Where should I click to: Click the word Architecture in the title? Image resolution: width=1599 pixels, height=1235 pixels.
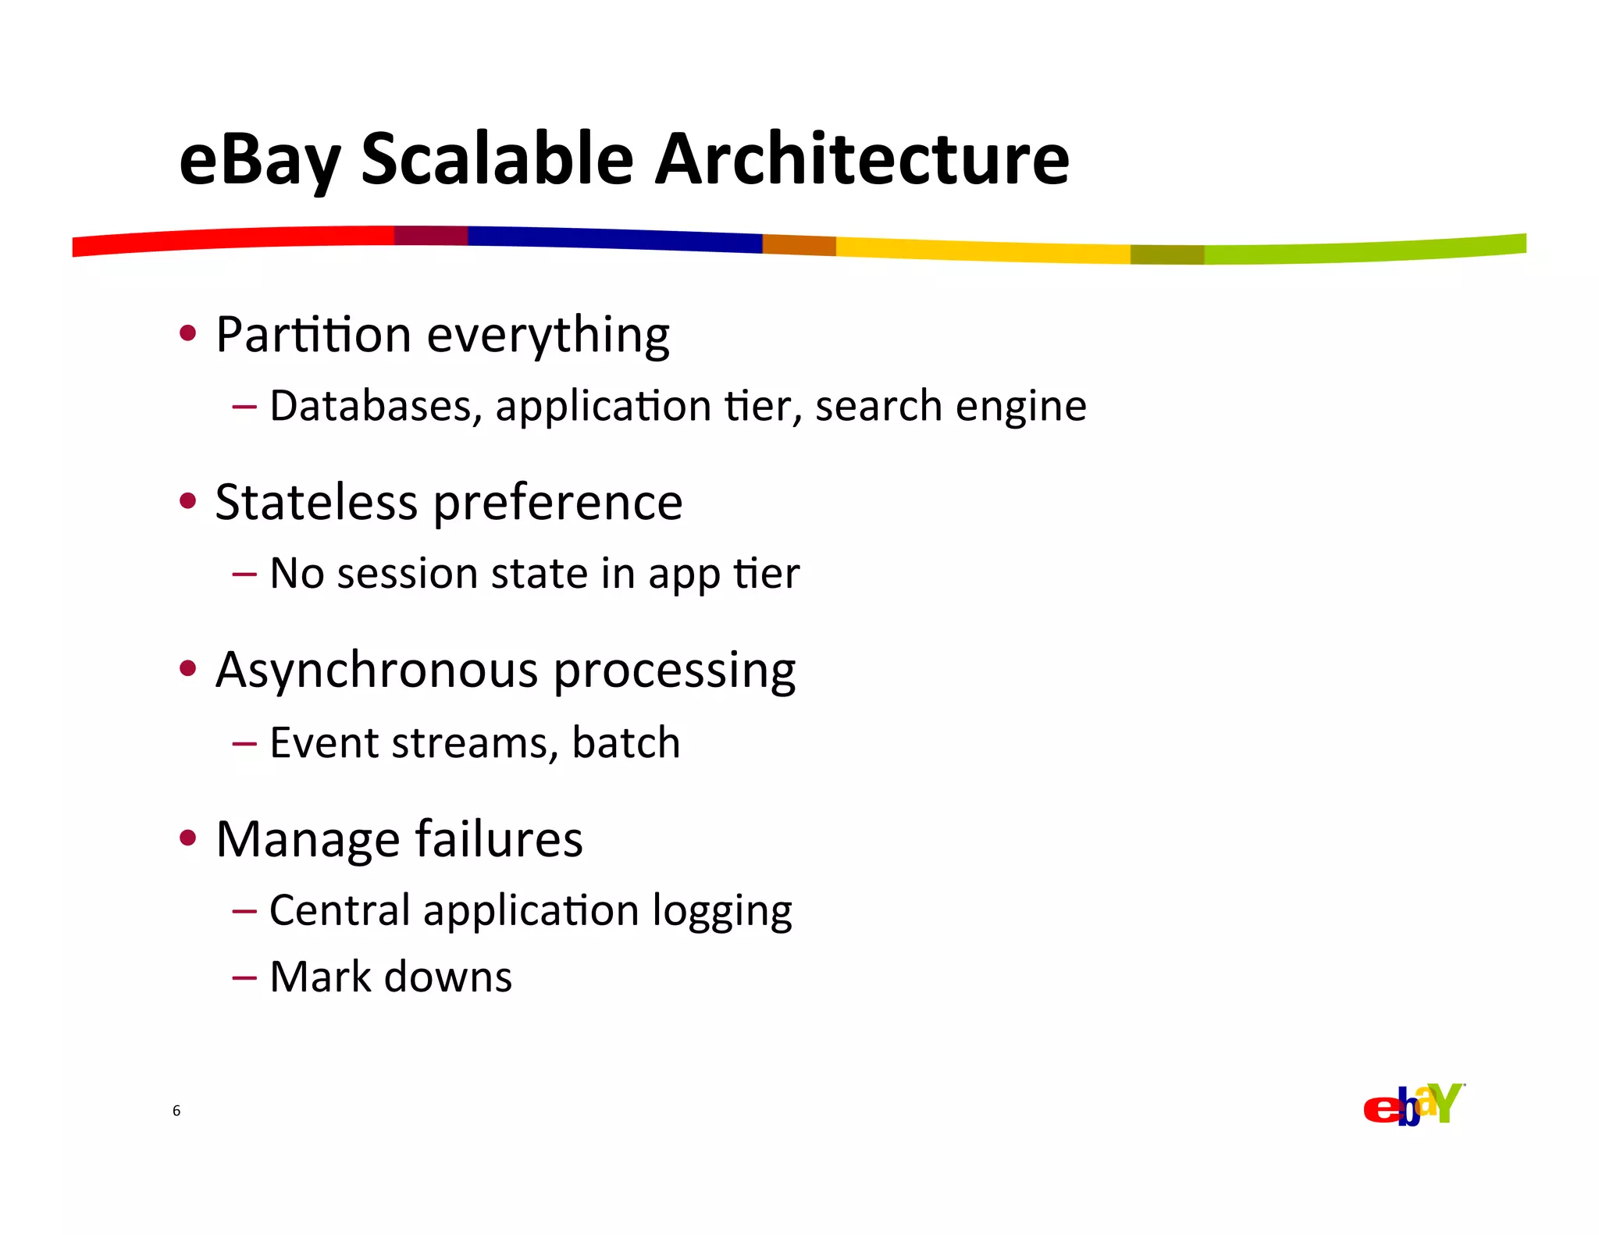click(x=861, y=160)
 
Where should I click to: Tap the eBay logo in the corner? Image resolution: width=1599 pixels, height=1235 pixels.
click(x=1413, y=1105)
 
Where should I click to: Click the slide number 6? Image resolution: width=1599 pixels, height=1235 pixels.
click(x=176, y=1110)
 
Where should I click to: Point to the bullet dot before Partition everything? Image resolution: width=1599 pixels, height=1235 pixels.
click(x=187, y=334)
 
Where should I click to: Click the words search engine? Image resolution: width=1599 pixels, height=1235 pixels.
click(x=950, y=407)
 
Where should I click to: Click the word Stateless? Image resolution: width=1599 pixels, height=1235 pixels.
click(x=316, y=502)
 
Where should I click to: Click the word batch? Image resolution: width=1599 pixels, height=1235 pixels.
click(x=625, y=742)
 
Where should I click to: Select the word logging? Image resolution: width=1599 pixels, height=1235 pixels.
click(x=721, y=911)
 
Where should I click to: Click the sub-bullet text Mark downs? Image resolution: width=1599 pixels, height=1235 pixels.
click(x=390, y=977)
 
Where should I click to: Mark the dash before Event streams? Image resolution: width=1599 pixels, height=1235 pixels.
click(x=244, y=743)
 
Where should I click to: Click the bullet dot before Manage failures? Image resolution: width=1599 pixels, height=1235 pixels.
click(x=187, y=839)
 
